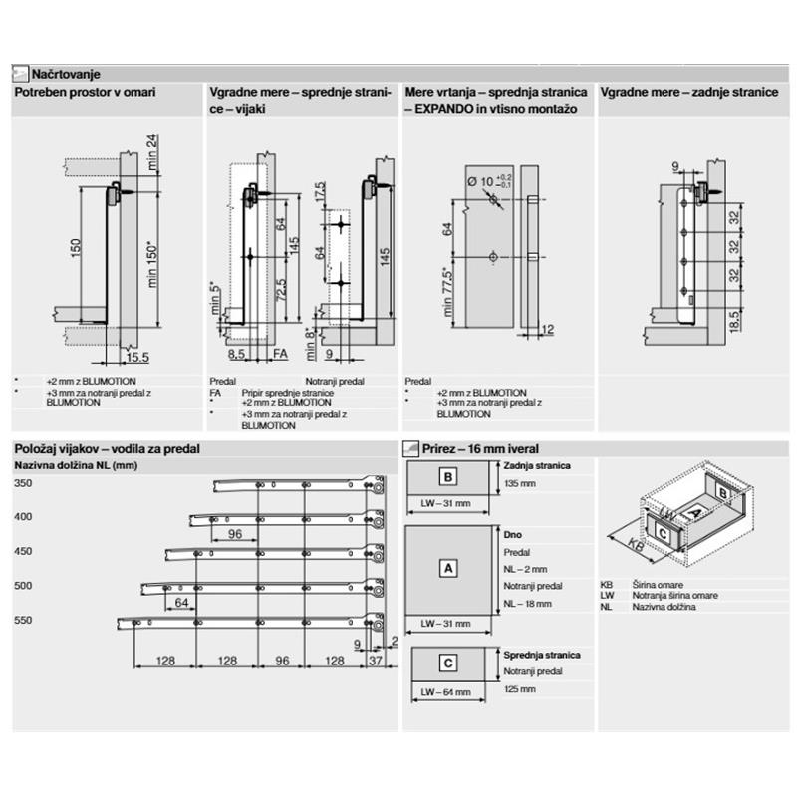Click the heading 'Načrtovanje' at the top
[x=64, y=74]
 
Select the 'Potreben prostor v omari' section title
[x=85, y=92]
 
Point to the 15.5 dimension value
[x=137, y=356]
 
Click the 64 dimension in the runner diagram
[x=181, y=603]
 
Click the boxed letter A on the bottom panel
[x=448, y=568]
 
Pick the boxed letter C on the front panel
[x=448, y=662]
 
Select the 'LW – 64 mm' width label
[x=444, y=691]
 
